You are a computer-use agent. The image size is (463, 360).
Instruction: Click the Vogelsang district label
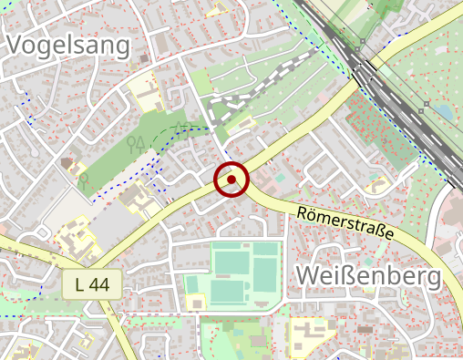[68, 45]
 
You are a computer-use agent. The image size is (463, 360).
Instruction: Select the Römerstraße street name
[345, 222]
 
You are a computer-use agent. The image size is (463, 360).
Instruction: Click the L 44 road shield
[93, 285]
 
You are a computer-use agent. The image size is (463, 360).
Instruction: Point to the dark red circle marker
[231, 180]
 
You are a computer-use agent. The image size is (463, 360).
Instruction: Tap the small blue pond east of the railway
[444, 111]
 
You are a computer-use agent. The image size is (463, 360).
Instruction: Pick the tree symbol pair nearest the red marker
[137, 142]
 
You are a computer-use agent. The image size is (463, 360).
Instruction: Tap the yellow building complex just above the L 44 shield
[75, 239]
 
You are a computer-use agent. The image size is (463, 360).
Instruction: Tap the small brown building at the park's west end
[67, 163]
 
